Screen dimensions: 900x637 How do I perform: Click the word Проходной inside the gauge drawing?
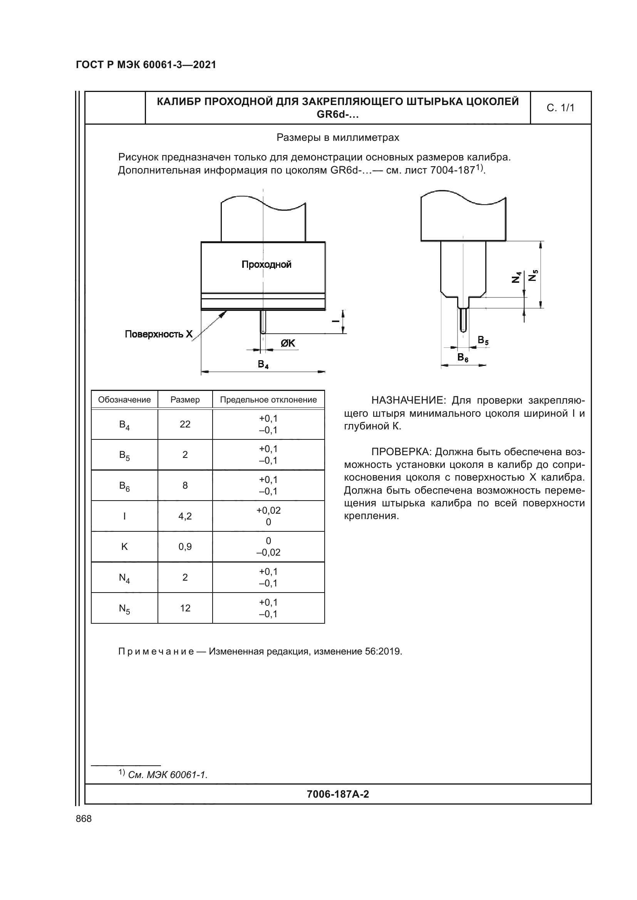(x=267, y=265)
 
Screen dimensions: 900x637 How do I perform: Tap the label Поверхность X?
(x=158, y=334)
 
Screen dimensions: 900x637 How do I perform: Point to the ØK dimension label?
(x=288, y=343)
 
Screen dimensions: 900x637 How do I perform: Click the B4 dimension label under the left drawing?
(x=263, y=364)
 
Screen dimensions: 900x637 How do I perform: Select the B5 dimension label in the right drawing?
(x=483, y=340)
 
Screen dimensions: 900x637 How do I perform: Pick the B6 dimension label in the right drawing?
(x=463, y=357)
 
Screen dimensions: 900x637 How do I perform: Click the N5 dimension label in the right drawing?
(x=533, y=276)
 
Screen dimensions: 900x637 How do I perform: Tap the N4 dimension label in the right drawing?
(x=516, y=277)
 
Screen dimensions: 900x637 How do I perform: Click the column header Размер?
(x=185, y=400)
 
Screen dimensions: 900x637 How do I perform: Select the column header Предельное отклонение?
(x=268, y=400)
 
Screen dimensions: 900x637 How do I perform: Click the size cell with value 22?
(x=185, y=424)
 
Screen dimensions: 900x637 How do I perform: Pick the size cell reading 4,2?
(x=185, y=516)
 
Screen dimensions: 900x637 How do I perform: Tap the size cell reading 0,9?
(x=185, y=547)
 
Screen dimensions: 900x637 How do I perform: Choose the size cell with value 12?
(x=185, y=608)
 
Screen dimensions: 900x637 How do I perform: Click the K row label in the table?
(x=124, y=547)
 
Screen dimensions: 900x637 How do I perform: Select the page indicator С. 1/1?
(x=560, y=108)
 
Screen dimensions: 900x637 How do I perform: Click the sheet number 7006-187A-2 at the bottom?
(x=338, y=794)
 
